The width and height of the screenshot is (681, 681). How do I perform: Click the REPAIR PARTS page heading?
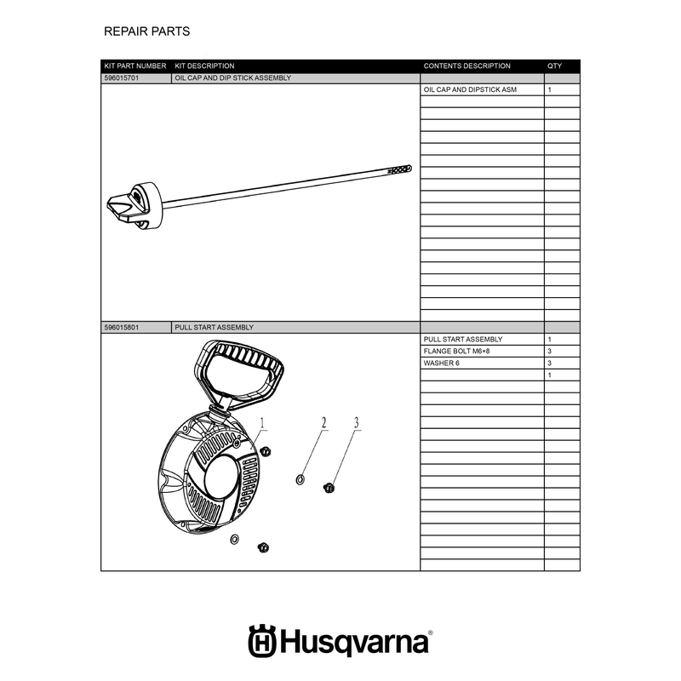point(146,31)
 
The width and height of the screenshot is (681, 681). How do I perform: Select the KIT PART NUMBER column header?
point(135,66)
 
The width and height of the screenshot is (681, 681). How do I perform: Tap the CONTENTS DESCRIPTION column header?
point(466,66)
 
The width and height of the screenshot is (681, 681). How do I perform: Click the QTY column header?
point(554,66)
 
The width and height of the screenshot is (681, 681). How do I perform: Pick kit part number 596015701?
point(122,78)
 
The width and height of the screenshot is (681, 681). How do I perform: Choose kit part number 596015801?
point(122,328)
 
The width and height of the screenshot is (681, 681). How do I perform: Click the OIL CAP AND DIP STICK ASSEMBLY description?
point(232,78)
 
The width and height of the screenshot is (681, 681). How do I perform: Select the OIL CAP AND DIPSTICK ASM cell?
point(470,90)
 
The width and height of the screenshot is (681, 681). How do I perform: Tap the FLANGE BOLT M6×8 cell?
point(456,352)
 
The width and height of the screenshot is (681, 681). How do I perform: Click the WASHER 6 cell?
point(441,363)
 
